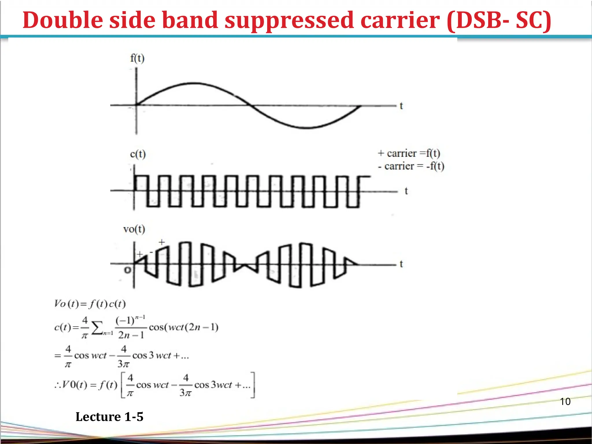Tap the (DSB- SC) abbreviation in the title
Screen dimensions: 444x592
point(499,20)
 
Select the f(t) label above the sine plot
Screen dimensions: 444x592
point(137,58)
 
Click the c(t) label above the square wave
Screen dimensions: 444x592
point(138,154)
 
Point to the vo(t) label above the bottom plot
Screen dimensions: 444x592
point(134,229)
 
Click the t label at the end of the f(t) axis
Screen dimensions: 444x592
point(401,106)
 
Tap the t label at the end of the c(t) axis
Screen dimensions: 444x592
point(406,191)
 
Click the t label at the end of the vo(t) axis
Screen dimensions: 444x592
point(401,264)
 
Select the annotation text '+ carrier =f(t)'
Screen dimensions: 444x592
point(409,153)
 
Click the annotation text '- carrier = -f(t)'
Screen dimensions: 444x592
point(411,166)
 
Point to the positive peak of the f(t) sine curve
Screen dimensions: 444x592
point(191,84)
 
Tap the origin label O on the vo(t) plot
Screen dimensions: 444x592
point(127,270)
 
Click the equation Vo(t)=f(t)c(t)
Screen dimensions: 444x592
point(90,304)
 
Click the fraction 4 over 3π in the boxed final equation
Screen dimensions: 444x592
point(185,385)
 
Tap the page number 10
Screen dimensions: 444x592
point(565,402)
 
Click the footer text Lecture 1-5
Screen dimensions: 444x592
point(109,417)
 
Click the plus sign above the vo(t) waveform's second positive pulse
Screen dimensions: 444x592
point(162,242)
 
